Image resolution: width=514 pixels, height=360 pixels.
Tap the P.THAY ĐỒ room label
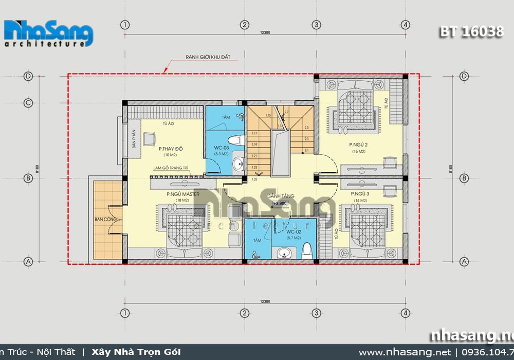point(171,149)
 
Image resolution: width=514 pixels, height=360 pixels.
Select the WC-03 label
point(222,148)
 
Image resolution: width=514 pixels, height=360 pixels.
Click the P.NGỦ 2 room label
point(358,145)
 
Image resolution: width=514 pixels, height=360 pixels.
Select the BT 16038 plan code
point(471,31)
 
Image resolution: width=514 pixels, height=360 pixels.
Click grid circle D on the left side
point(28,76)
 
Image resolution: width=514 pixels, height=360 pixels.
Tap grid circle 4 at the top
point(406,25)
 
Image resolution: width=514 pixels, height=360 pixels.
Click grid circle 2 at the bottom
point(244,312)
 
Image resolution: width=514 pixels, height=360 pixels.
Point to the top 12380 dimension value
point(265,32)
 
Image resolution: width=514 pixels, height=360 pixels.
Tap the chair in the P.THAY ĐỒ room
point(150,138)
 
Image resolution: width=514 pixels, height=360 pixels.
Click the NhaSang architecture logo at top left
point(49,34)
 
